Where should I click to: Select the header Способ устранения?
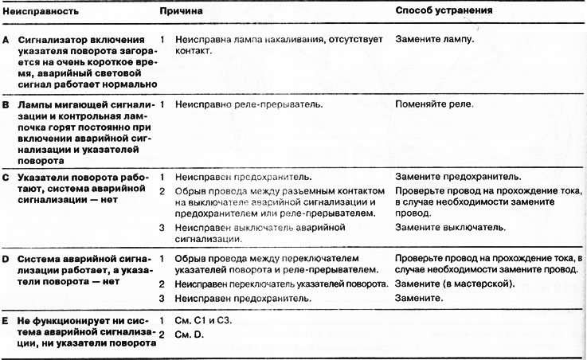click(x=443, y=12)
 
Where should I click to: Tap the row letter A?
click(x=6, y=40)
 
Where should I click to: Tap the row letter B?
click(x=6, y=104)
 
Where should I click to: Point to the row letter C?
click(x=6, y=176)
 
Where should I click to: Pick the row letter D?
click(x=6, y=259)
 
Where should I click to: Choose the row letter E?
click(x=6, y=319)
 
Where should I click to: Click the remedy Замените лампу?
click(x=435, y=39)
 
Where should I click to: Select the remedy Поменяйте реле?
click(x=434, y=104)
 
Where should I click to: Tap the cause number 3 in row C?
click(x=162, y=227)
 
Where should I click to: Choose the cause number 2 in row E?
click(x=162, y=333)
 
